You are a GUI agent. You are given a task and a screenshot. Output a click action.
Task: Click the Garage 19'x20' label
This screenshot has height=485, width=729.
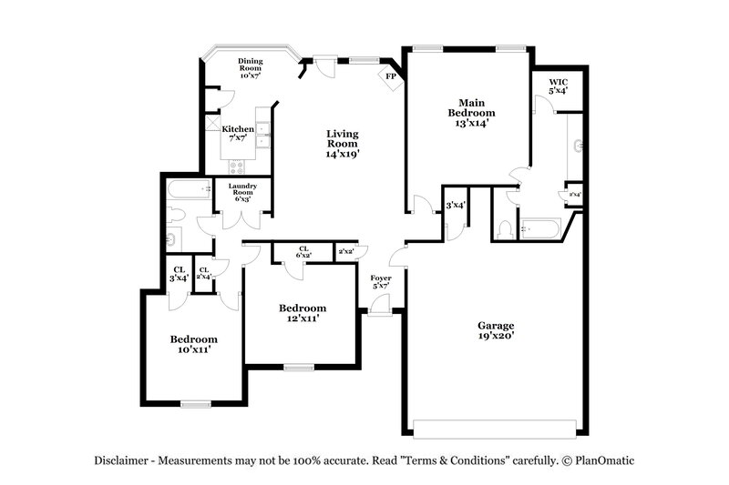[497, 330]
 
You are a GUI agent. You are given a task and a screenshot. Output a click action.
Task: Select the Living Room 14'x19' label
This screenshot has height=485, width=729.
[343, 144]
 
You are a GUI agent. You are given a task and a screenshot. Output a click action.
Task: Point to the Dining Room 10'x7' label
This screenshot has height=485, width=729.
[251, 68]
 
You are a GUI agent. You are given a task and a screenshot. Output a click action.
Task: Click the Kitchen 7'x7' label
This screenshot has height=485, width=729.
[238, 134]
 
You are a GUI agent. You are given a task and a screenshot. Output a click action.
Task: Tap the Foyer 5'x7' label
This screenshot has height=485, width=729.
[380, 283]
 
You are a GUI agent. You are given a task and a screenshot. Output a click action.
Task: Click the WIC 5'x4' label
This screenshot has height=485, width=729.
[558, 87]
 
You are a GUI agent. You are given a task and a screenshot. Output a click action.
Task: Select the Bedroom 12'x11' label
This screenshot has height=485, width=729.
[302, 313]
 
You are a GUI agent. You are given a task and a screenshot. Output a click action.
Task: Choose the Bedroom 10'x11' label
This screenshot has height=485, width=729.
[193, 344]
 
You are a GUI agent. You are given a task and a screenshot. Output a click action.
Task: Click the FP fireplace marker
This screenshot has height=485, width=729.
[390, 76]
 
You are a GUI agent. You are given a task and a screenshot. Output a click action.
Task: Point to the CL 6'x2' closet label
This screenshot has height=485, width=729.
[303, 252]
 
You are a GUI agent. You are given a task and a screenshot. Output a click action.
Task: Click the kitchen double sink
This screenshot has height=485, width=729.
[262, 136]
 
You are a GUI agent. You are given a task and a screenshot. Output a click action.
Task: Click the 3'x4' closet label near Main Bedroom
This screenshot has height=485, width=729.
[456, 206]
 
